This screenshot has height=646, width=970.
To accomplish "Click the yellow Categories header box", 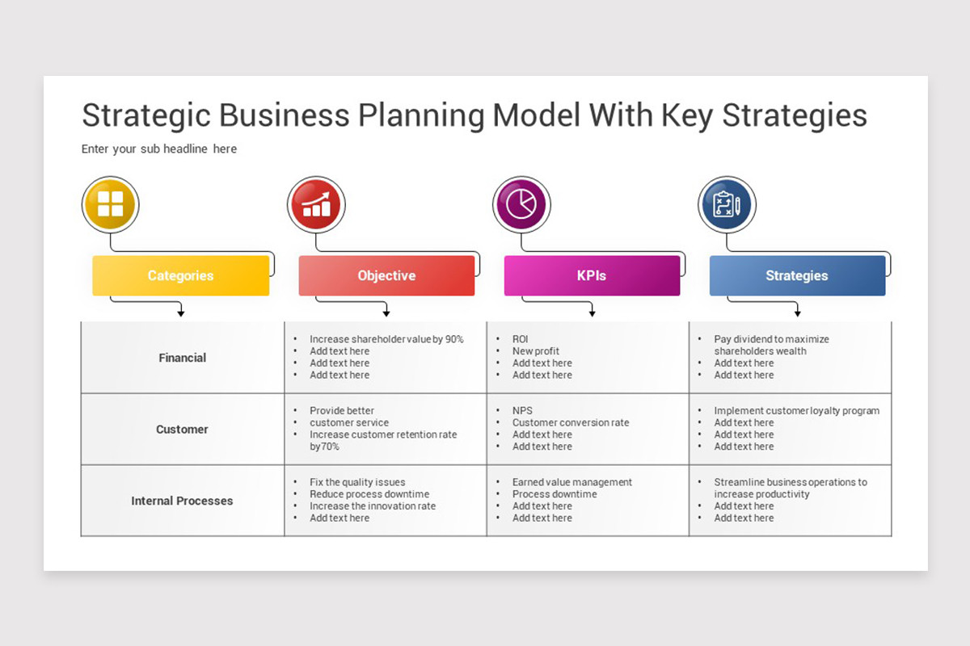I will click(x=180, y=275).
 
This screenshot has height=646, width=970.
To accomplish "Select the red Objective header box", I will click(x=386, y=275).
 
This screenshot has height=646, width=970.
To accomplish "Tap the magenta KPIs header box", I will click(x=592, y=275).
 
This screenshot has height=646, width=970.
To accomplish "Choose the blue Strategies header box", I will click(x=797, y=275).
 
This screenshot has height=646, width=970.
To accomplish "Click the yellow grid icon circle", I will click(x=111, y=205).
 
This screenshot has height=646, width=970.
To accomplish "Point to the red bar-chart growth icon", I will click(x=316, y=205).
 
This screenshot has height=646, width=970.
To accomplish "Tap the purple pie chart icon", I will click(x=521, y=205).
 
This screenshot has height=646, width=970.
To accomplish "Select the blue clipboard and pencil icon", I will click(x=727, y=205).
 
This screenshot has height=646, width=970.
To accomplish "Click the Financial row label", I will click(x=183, y=358).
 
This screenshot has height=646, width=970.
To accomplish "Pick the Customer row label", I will click(x=182, y=430).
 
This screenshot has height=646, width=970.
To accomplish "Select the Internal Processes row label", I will click(x=182, y=501).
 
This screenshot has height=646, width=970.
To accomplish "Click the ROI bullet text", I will click(x=520, y=339).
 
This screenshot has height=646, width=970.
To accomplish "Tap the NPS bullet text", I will click(x=522, y=411).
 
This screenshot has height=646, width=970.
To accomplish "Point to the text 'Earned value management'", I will click(x=572, y=482).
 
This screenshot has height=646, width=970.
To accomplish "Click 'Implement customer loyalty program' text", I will click(x=796, y=411).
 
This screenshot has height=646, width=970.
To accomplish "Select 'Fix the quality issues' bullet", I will click(x=357, y=482).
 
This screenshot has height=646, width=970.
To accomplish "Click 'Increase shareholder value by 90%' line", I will click(x=386, y=339).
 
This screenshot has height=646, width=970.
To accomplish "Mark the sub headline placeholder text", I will click(x=159, y=149).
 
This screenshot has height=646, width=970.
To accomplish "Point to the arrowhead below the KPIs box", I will click(x=592, y=313).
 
